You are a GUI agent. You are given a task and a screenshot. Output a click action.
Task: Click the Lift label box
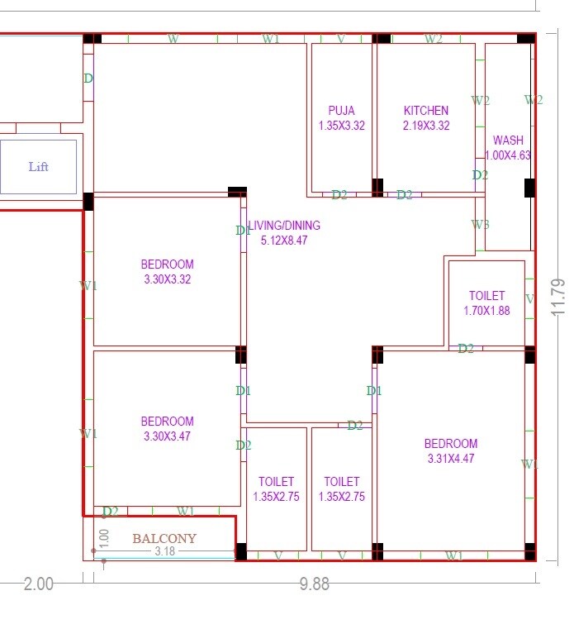point(39,167)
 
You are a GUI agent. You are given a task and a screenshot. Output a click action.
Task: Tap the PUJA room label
point(341,111)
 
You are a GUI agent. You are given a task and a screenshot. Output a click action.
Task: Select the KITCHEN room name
point(426,111)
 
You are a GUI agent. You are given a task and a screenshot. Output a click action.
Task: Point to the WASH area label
point(507,141)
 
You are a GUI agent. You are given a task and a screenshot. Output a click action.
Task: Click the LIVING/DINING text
point(283,226)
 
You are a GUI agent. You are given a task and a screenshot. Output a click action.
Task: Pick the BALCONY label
point(164,539)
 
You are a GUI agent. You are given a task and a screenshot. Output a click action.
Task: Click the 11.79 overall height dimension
point(559,297)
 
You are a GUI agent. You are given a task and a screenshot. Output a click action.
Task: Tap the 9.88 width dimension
point(315,584)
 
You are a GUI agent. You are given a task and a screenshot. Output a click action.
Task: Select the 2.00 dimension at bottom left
point(38,584)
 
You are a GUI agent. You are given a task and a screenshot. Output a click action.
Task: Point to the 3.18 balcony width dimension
point(165,551)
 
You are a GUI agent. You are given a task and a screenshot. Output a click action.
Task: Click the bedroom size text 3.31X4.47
point(451,459)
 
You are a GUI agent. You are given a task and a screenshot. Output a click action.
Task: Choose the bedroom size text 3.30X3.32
point(167,279)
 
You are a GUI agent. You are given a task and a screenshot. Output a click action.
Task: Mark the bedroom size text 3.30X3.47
point(167,436)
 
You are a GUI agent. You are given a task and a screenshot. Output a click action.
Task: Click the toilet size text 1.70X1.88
point(486,311)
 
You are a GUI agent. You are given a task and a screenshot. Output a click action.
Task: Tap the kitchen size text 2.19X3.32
point(426,126)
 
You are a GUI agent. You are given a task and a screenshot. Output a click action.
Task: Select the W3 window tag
point(480,225)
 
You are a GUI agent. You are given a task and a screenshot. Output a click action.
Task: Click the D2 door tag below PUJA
point(339,195)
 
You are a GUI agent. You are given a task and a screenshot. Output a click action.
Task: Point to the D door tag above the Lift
point(88,79)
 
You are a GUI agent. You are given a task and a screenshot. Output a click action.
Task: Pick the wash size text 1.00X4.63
point(507,155)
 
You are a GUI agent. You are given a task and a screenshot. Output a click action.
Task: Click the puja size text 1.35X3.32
point(341,126)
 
